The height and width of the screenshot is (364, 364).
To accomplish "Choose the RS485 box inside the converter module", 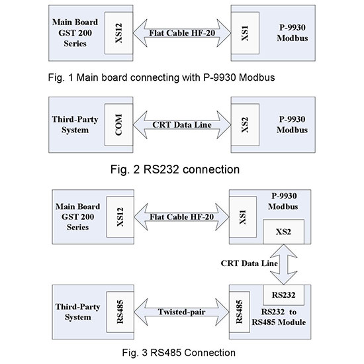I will tap(240, 310).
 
